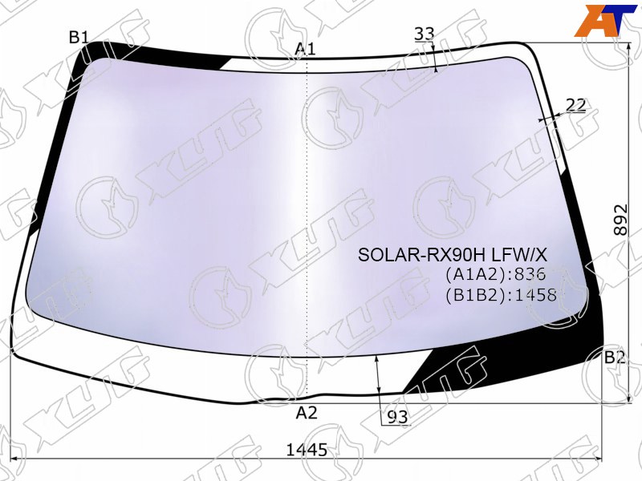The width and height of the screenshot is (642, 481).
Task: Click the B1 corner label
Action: (79, 38)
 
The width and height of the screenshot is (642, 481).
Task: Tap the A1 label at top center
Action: (306, 49)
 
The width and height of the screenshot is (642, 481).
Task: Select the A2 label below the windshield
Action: (307, 413)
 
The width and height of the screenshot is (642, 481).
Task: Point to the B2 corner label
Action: (615, 358)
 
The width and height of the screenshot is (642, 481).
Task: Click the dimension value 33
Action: (424, 34)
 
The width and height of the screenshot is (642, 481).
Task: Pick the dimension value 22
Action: (576, 105)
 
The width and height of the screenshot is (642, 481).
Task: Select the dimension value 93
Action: (397, 417)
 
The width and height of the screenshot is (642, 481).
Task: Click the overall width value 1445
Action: (307, 450)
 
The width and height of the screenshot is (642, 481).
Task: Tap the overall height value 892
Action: (620, 220)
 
